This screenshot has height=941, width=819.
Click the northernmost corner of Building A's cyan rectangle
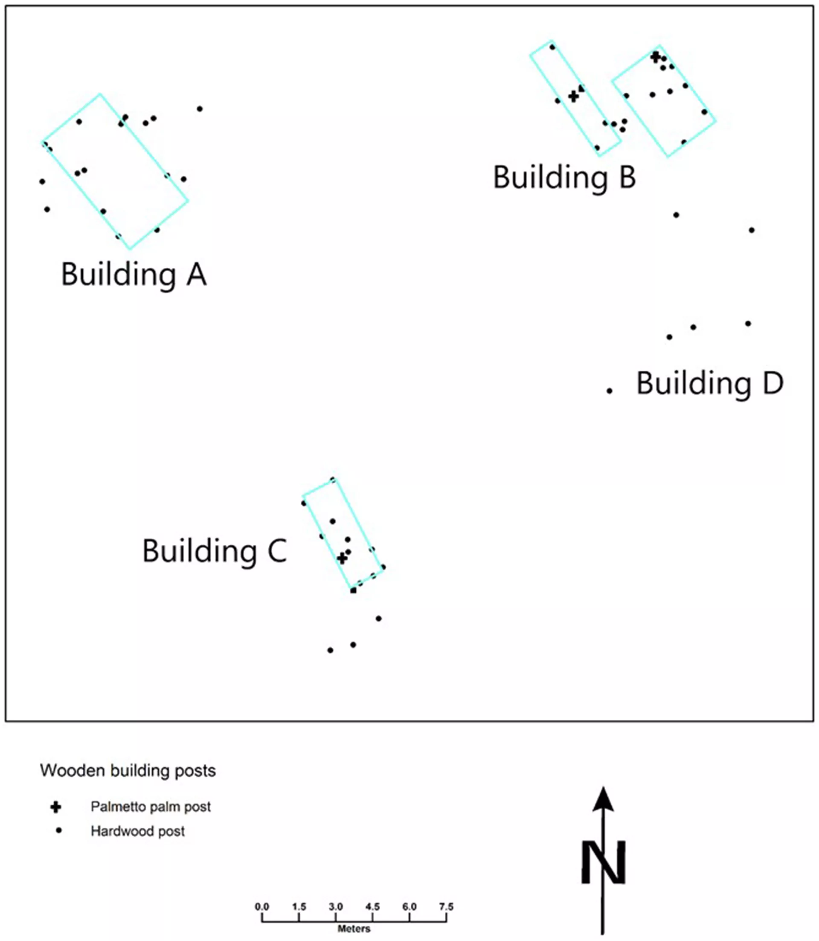tap(100, 94)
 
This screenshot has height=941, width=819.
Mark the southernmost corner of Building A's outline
tap(130, 249)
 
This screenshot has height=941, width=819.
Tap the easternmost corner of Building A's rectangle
tap(188, 200)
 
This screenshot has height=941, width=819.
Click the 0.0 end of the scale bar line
tap(262, 921)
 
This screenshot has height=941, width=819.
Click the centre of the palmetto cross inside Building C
tap(342, 558)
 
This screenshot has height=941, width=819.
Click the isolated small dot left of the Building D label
tap(609, 391)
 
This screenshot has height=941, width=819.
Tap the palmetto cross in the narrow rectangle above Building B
tap(574, 96)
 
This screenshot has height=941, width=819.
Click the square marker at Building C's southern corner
tap(353, 590)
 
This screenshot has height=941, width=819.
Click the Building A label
tap(134, 275)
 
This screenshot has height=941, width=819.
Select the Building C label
tap(215, 551)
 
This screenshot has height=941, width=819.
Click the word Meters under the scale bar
tap(354, 929)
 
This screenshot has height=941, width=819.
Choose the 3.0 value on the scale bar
tap(336, 907)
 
